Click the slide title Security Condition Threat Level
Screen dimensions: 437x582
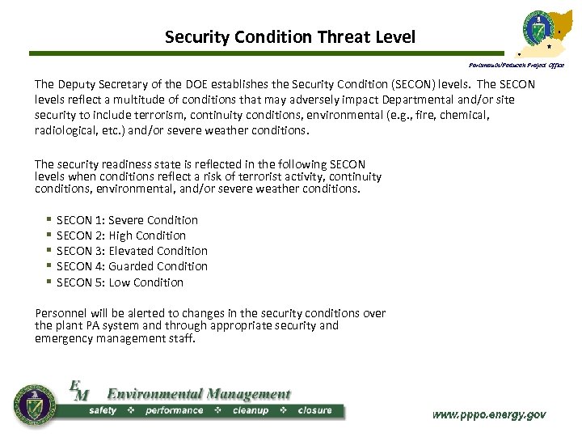tap(289, 36)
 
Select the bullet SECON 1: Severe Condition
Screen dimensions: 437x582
tap(127, 220)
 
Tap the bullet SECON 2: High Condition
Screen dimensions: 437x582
tap(121, 235)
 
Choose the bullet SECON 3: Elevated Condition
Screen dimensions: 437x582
tap(132, 251)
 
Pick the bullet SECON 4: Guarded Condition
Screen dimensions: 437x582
tap(132, 266)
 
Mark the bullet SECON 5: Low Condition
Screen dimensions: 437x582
tap(120, 282)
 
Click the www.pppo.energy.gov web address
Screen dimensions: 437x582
tap(489, 414)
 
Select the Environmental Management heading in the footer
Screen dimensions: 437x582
tap(199, 395)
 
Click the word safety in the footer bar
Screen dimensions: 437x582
tap(103, 410)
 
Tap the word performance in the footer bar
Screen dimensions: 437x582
tap(174, 410)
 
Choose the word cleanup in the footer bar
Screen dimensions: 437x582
tap(250, 410)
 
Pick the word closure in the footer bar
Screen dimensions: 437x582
tap(314, 410)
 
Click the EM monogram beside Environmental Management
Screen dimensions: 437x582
tap(78, 390)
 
